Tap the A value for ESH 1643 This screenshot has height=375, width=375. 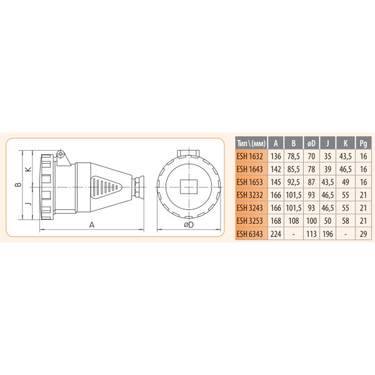tap(276, 169)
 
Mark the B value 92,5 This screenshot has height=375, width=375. tap(293, 182)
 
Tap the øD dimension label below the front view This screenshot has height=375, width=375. tap(189, 225)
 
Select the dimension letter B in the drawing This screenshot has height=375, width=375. tap(19, 184)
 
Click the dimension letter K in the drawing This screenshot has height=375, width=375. tap(27, 169)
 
